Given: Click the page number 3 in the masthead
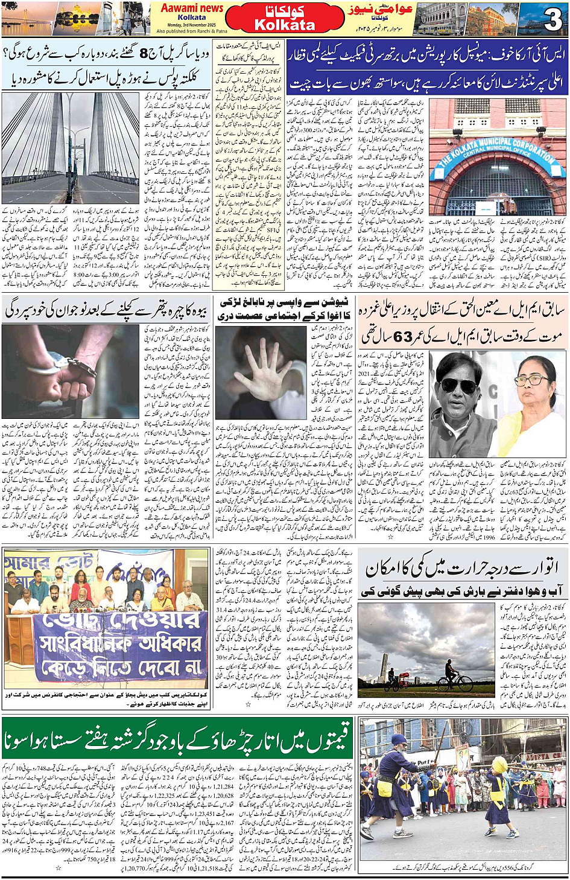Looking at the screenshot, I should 552,19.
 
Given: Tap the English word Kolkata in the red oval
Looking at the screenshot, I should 285,25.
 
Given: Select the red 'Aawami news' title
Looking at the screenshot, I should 192,8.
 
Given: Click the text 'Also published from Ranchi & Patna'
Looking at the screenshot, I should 192,31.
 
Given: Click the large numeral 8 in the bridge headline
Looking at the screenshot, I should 144,54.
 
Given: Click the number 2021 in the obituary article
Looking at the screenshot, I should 365,374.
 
